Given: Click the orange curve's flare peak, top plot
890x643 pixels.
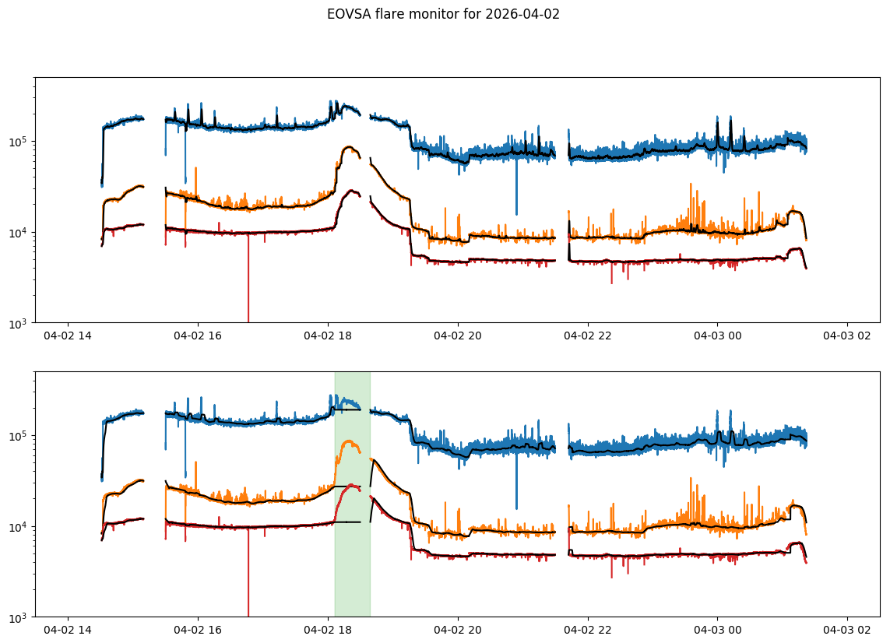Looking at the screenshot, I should (349, 146).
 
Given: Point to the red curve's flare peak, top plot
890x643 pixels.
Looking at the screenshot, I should (352, 190).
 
